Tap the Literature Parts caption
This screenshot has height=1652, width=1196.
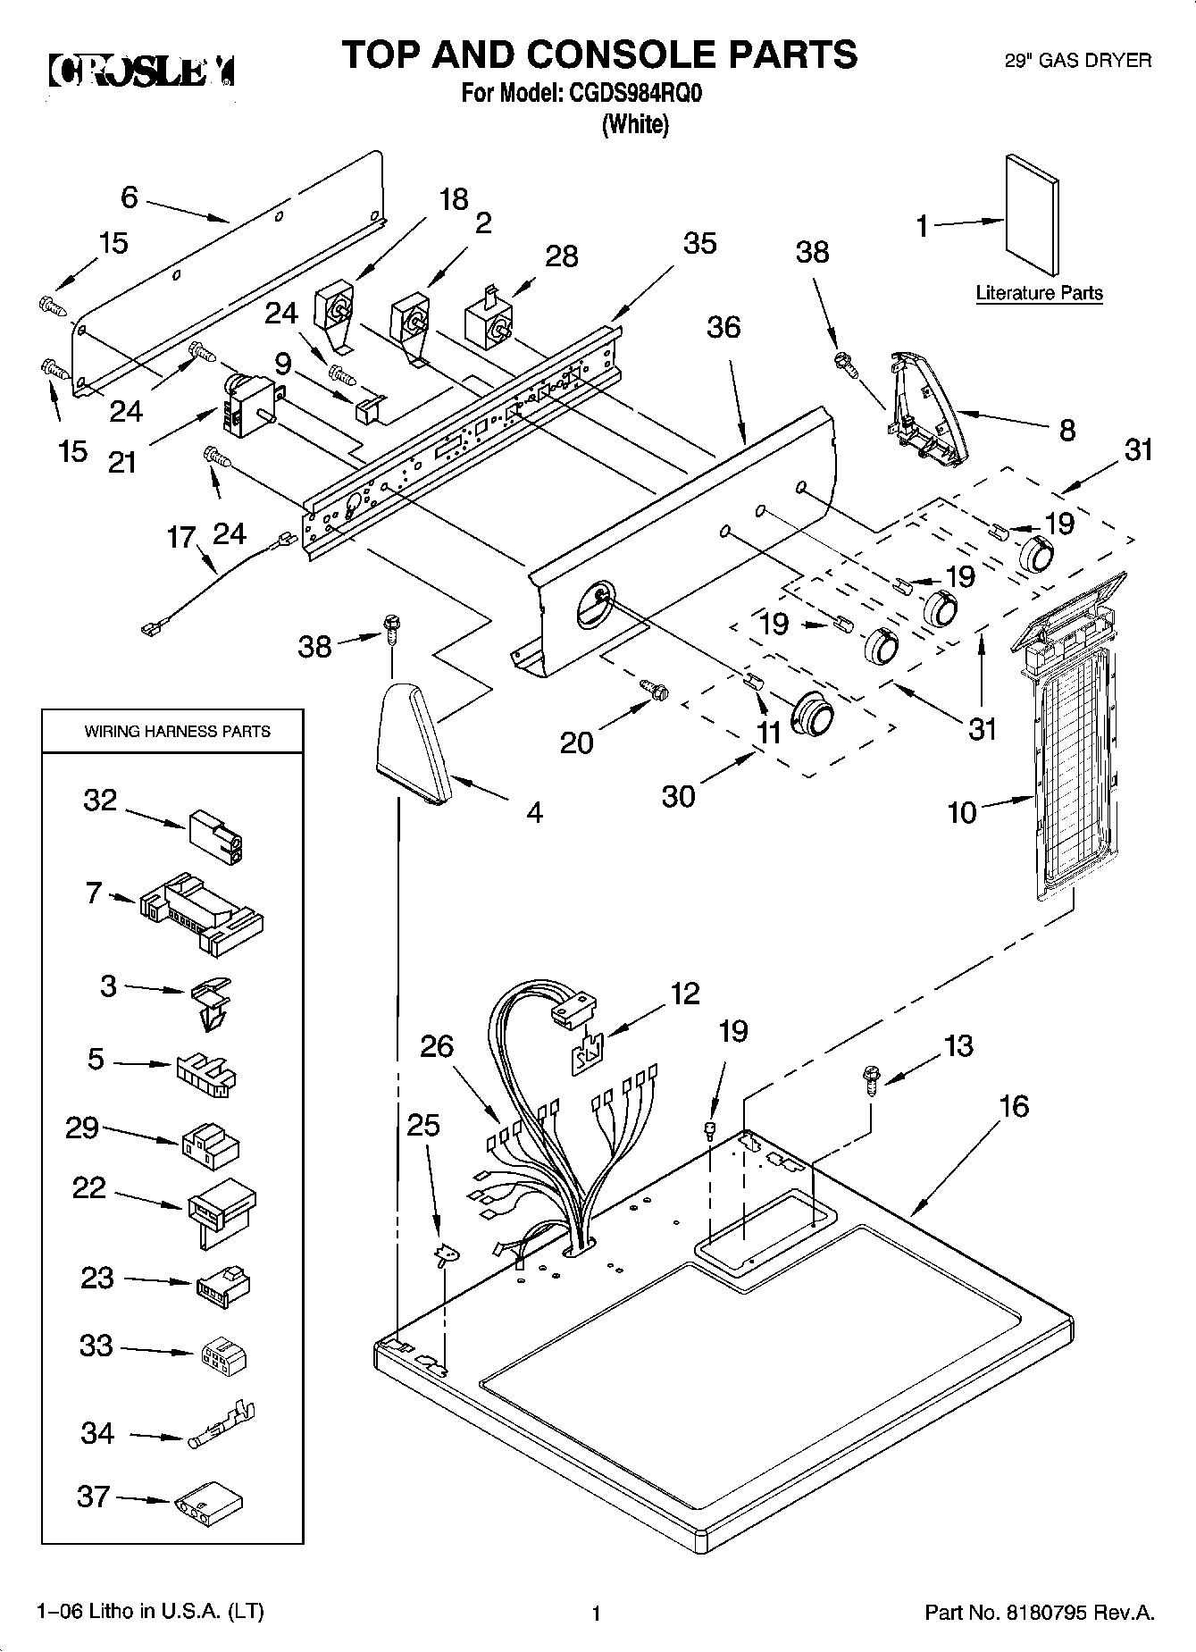pyautogui.click(x=1039, y=293)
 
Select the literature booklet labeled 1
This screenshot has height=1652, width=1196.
pyautogui.click(x=1033, y=217)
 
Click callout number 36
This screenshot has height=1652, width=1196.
pyautogui.click(x=723, y=328)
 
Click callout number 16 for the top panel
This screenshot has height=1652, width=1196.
pyautogui.click(x=1014, y=1106)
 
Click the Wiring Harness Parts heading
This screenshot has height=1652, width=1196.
pyautogui.click(x=177, y=731)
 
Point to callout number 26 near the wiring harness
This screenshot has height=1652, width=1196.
pyautogui.click(x=437, y=1046)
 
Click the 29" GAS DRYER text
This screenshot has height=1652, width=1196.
pyautogui.click(x=1078, y=61)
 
